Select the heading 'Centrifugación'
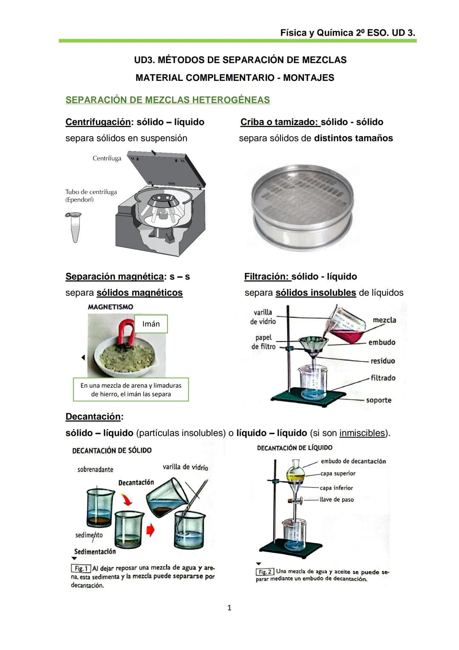[98, 122]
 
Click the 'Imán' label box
[151, 324]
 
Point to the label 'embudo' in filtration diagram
[382, 342]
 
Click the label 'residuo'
[382, 361]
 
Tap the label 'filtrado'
[383, 378]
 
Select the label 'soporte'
[379, 400]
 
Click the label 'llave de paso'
[337, 500]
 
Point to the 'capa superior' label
[338, 474]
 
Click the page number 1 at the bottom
[229, 608]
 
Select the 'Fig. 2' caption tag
[264, 572]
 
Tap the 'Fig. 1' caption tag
[80, 569]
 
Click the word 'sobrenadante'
[95, 470]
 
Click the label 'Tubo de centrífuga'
[91, 192]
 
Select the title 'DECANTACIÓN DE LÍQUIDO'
[295, 448]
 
